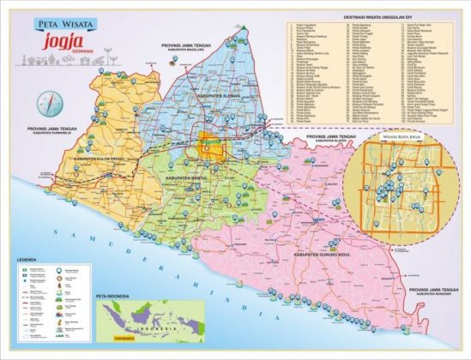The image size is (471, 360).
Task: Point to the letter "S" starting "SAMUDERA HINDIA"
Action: tap(53, 232)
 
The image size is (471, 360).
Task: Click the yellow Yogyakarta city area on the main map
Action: tap(210, 146)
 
